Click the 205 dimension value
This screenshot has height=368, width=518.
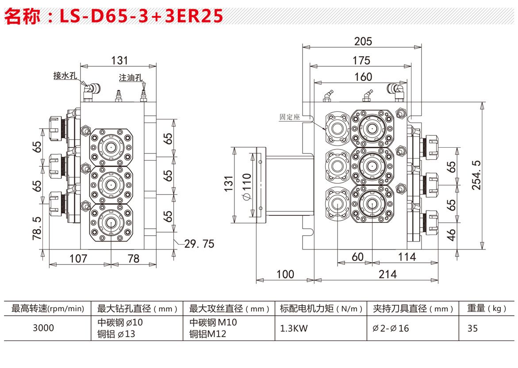point(363,41)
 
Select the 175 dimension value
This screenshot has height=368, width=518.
point(361,60)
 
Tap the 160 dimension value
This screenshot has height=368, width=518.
point(363,77)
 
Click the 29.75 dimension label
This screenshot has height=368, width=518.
point(199,244)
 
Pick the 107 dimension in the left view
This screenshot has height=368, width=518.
point(78,259)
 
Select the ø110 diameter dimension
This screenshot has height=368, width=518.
point(246,186)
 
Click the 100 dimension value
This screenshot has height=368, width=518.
point(285,274)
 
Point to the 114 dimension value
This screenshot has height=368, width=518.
point(407,257)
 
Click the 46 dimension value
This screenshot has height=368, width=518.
point(451,235)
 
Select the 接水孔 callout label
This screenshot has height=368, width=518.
point(65,76)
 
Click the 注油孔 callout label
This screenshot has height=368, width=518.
point(131,77)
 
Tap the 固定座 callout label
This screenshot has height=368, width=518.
point(290,117)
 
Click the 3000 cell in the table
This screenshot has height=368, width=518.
point(43,328)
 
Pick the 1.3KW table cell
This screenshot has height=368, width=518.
point(294,328)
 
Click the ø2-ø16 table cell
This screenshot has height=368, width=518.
point(391,328)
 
